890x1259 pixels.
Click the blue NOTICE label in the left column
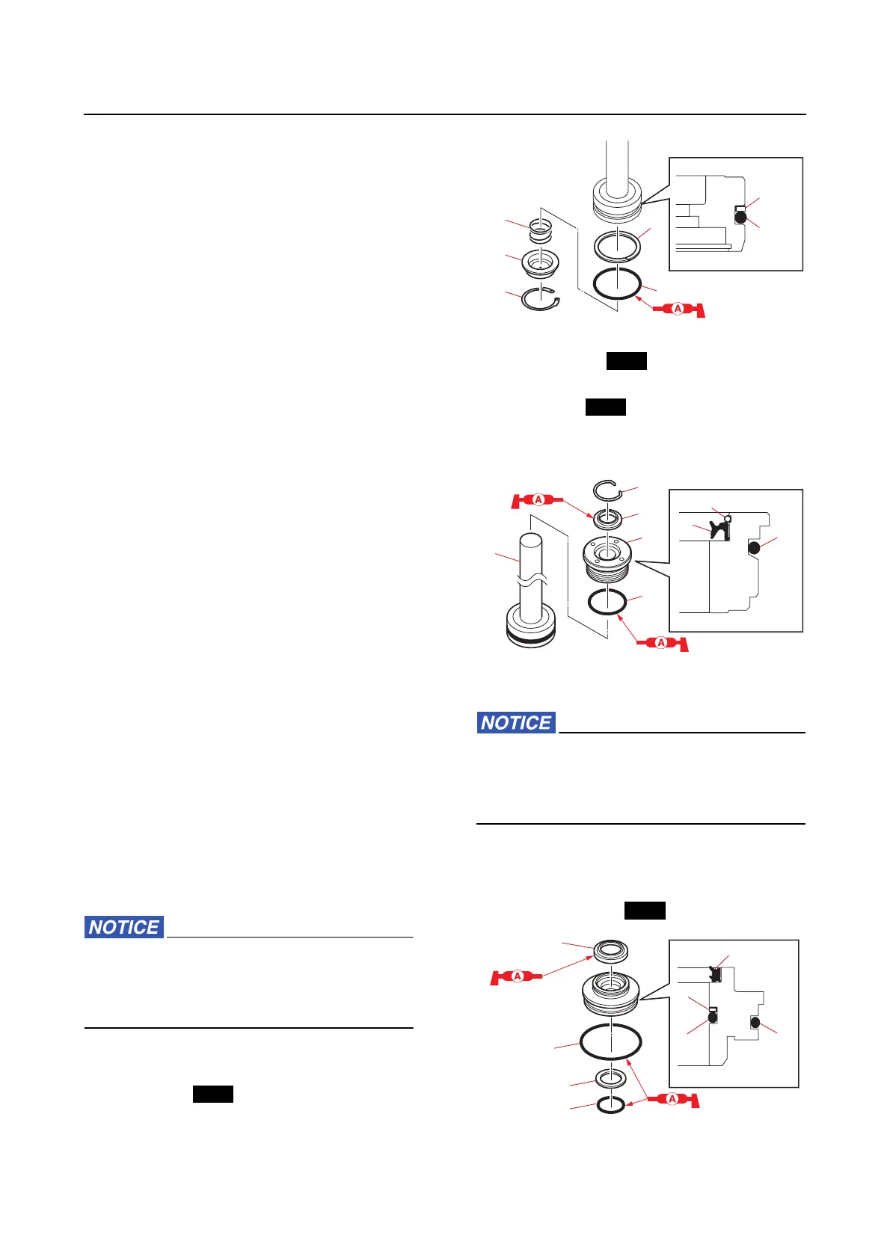coord(123,927)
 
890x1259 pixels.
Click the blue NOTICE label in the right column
coord(516,723)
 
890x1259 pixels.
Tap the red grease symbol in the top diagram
coord(678,309)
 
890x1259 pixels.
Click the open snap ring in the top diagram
coord(541,298)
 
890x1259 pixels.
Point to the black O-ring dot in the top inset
coord(740,218)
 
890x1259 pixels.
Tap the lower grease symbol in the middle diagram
coord(661,642)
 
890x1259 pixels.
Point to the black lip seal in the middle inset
coord(719,529)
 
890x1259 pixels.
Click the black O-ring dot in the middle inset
coord(754,548)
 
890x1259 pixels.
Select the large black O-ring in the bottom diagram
coord(610,1042)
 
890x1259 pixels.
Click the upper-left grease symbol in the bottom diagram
coord(517,976)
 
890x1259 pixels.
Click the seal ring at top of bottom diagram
coord(610,952)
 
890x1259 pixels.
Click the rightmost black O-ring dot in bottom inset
coord(755,1022)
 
